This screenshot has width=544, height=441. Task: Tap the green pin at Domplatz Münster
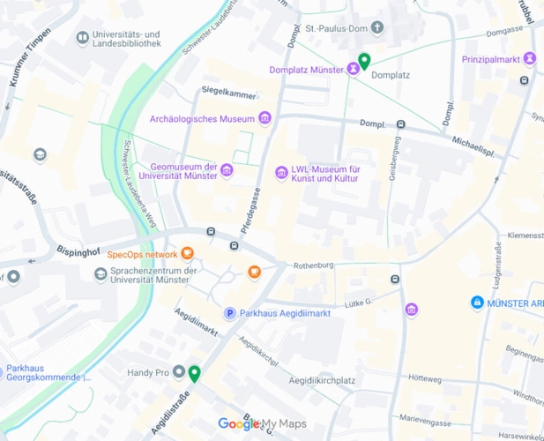(x=363, y=62)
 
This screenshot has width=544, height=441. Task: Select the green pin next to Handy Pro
(x=194, y=373)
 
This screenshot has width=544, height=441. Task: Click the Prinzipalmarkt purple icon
(x=529, y=58)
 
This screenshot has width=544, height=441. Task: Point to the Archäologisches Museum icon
(x=265, y=118)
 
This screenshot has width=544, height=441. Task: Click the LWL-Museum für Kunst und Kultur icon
(x=281, y=172)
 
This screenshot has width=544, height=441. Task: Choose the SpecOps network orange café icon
(x=188, y=255)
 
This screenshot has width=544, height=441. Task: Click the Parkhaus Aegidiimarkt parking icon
(x=230, y=313)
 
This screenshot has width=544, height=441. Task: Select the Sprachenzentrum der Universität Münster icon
(x=101, y=274)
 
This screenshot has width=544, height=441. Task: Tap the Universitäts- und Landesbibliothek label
(x=126, y=38)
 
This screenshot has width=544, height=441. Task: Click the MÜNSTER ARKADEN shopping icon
(x=477, y=303)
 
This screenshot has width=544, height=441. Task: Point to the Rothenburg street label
(x=315, y=264)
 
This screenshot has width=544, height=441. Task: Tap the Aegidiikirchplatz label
(x=322, y=380)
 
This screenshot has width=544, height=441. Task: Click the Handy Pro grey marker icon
(x=179, y=372)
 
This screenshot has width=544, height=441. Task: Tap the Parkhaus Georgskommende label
(x=48, y=372)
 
